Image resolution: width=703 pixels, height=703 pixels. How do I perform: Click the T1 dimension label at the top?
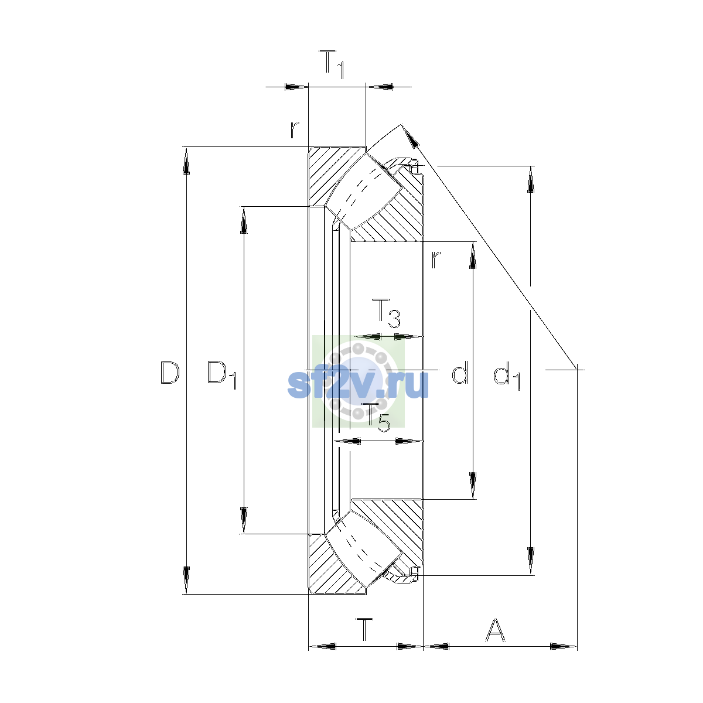pyautogui.click(x=332, y=64)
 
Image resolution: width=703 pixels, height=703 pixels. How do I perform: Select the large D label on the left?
pyautogui.click(x=170, y=373)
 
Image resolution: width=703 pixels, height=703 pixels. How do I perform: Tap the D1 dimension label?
pyautogui.click(x=222, y=375)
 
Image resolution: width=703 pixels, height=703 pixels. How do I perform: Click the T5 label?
pyautogui.click(x=378, y=418)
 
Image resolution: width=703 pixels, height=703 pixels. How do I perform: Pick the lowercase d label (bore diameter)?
pyautogui.click(x=460, y=372)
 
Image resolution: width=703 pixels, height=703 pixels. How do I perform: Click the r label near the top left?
pyautogui.click(x=295, y=129)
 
